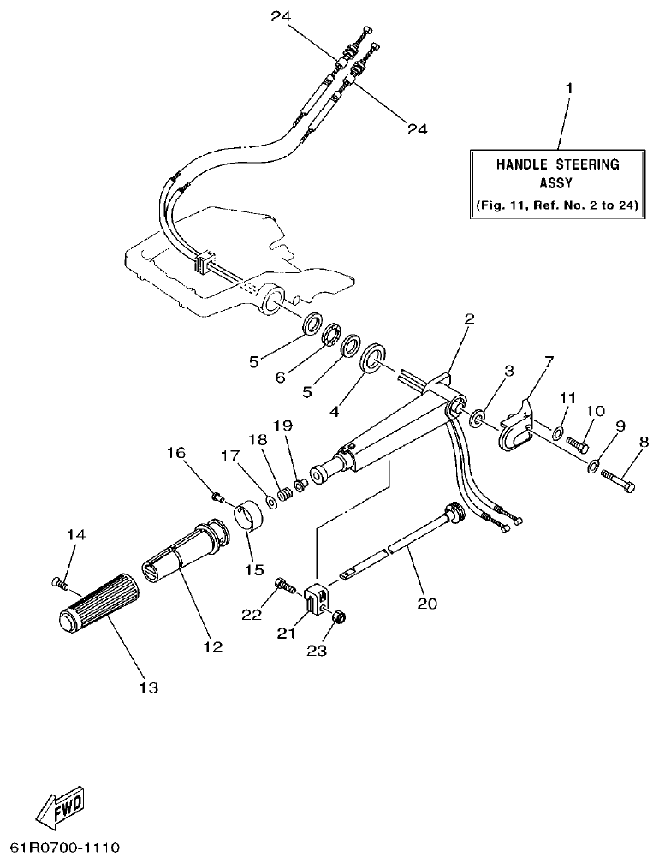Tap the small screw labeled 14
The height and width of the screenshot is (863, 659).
[58, 582]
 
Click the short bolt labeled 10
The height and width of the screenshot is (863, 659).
[577, 444]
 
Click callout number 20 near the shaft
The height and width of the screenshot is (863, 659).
[426, 604]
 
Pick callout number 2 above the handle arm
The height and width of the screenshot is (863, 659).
[468, 319]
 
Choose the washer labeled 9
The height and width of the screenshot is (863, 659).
[592, 467]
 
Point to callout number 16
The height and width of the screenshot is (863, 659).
[175, 453]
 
